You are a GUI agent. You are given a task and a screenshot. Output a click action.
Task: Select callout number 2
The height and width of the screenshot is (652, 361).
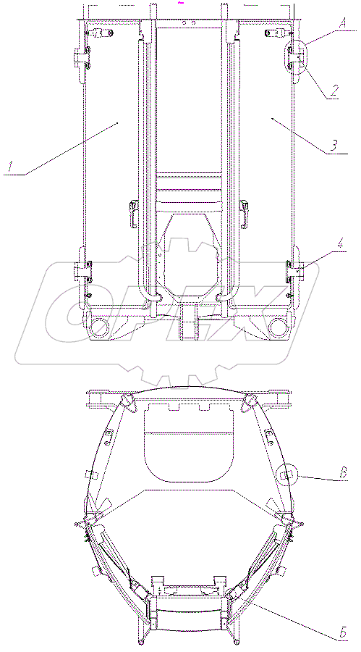click(x=334, y=91)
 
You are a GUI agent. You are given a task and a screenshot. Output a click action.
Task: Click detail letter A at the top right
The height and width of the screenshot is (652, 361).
click(x=342, y=24)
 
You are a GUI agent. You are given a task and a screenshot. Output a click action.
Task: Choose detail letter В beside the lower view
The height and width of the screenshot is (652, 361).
click(x=344, y=473)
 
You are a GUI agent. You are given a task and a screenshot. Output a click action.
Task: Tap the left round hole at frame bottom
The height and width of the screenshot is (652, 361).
click(x=100, y=327)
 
